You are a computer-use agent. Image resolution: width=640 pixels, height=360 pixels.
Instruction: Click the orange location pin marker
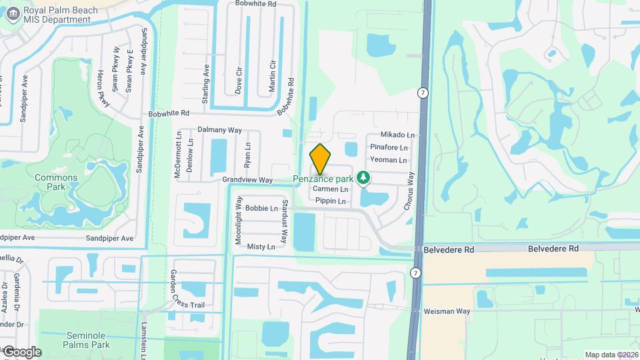click(321, 159)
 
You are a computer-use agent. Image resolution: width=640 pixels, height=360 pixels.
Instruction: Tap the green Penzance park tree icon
click(363, 178)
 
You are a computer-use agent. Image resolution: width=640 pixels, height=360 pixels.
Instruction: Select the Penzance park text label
click(324, 179)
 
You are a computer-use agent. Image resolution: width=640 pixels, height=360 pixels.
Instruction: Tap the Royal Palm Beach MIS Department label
click(60, 15)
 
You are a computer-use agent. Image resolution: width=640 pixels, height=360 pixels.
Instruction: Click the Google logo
click(22, 352)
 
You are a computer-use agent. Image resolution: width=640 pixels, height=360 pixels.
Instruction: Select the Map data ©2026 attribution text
click(611, 355)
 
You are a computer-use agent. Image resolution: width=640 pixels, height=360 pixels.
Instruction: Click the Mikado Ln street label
click(397, 135)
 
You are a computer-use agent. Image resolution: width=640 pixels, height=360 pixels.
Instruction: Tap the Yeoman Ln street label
click(389, 160)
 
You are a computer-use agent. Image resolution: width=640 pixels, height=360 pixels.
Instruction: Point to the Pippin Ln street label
click(331, 201)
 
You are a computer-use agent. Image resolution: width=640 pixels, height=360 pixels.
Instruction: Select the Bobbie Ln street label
click(261, 208)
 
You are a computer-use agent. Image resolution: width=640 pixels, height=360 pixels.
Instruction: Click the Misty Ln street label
click(261, 247)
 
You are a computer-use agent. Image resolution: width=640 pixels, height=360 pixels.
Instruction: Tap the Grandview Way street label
click(247, 180)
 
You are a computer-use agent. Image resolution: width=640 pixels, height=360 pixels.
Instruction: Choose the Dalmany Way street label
click(220, 130)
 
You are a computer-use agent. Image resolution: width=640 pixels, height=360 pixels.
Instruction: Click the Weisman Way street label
click(447, 311)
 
